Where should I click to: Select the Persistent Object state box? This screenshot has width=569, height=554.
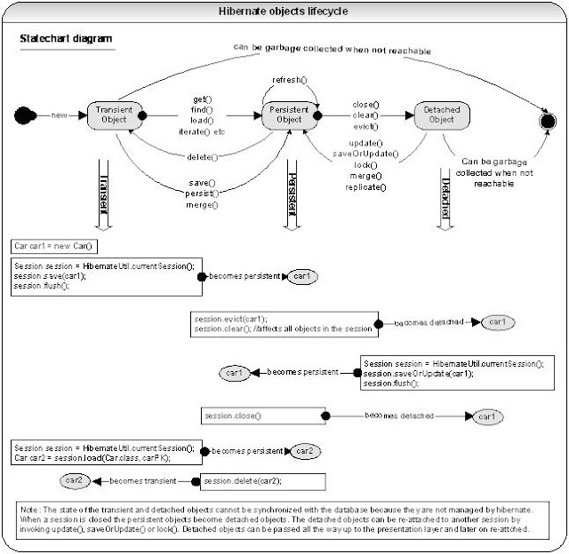[290, 115]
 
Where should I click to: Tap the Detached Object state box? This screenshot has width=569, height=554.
[442, 115]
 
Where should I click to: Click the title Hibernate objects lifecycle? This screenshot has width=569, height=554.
[284, 11]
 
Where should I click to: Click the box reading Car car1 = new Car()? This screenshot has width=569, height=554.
[53, 245]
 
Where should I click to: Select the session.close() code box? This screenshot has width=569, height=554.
[262, 415]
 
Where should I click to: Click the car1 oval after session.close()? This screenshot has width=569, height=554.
[486, 415]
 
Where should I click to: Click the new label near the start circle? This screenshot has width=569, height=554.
[60, 115]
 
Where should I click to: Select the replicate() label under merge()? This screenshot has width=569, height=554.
[365, 187]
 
